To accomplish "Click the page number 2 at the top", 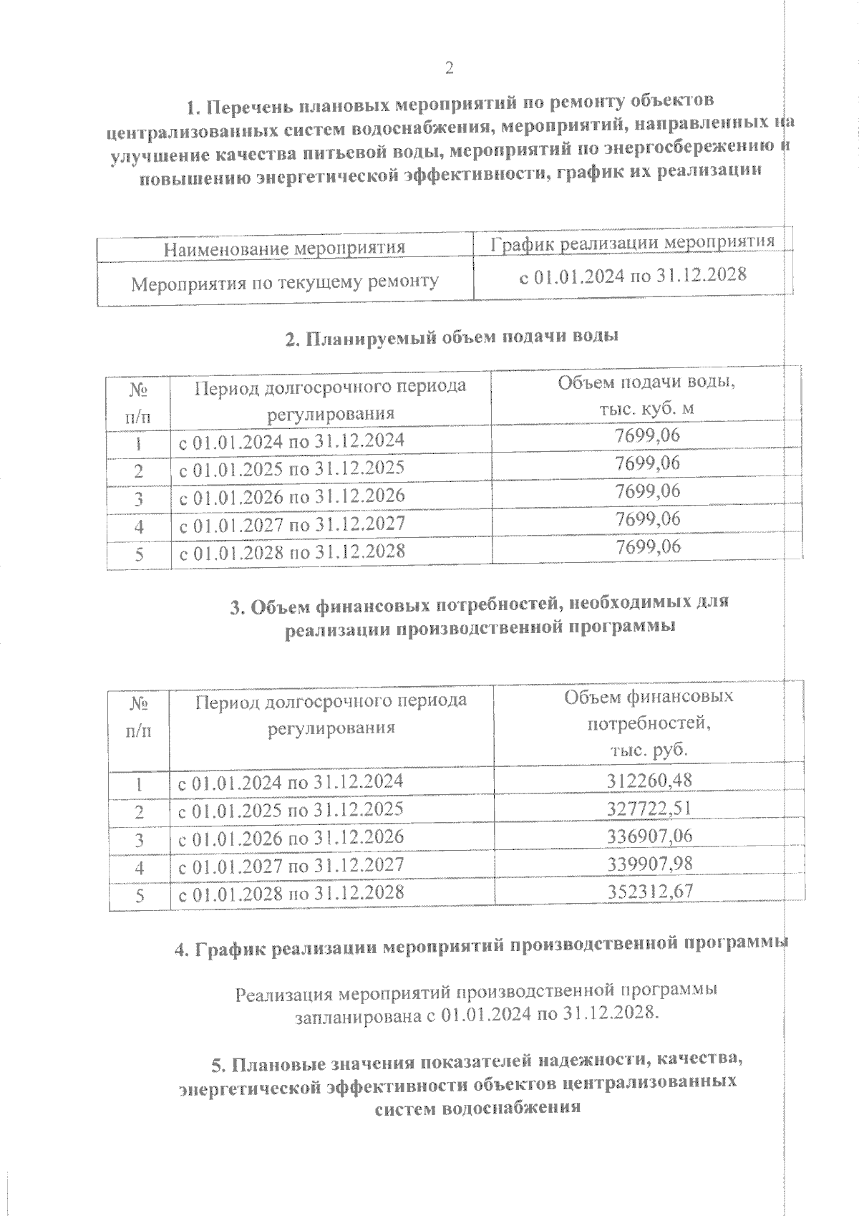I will (x=449, y=68).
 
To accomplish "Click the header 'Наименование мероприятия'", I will (x=284, y=248).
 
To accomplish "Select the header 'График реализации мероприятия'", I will (x=632, y=242).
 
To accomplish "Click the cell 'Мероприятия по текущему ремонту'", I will (x=284, y=282).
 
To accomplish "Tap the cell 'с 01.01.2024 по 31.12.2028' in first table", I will (x=632, y=275).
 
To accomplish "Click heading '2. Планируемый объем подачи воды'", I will (x=451, y=337).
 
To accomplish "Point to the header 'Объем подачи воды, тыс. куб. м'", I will (x=647, y=395).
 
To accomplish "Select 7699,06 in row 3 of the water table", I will (x=647, y=491).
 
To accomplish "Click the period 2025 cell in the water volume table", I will (x=291, y=468).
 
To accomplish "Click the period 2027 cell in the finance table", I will (x=291, y=865).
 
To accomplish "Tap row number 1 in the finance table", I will (x=140, y=784).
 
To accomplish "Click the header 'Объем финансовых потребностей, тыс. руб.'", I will (x=649, y=723).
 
